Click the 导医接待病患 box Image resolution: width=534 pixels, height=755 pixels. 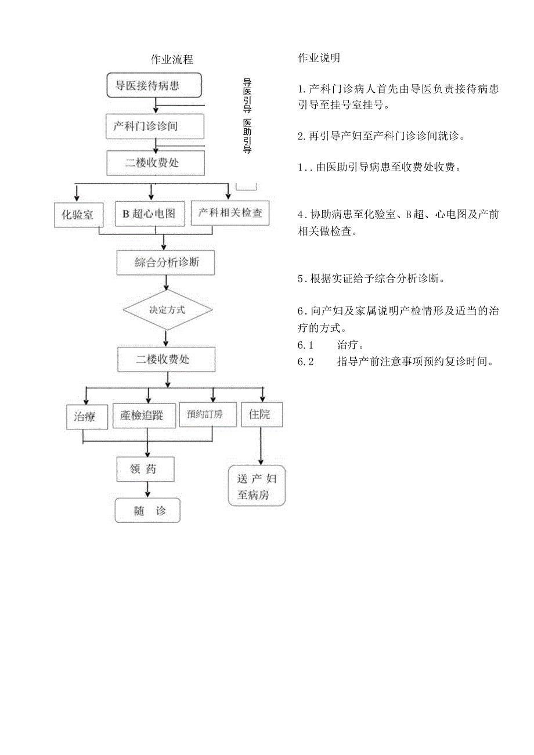(x=154, y=86)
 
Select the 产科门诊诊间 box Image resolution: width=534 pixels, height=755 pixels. (x=155, y=127)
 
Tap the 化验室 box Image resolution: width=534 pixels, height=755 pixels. (x=77, y=215)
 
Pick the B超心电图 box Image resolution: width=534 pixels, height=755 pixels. (x=149, y=214)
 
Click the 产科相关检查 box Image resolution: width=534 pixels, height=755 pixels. (x=230, y=213)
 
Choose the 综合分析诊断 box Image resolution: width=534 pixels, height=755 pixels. (x=167, y=262)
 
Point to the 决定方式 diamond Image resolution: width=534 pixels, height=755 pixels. (x=167, y=310)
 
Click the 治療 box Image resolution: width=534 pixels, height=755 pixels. (x=87, y=416)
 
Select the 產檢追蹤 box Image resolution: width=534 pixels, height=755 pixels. (x=145, y=416)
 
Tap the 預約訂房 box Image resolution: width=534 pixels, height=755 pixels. (x=208, y=414)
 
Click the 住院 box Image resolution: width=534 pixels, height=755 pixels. (x=262, y=415)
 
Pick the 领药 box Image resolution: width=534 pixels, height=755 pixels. (x=145, y=469)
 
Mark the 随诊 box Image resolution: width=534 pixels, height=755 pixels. (x=147, y=511)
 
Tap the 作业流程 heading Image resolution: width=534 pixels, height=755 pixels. (x=172, y=59)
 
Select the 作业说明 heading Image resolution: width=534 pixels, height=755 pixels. (x=319, y=58)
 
